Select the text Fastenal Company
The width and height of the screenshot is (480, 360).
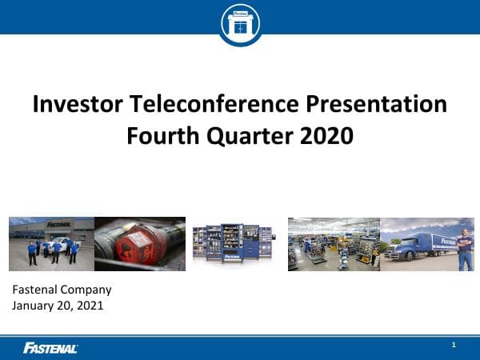[x=62, y=290]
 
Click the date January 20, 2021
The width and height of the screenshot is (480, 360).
[x=58, y=306]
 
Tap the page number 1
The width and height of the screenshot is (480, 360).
[x=454, y=345]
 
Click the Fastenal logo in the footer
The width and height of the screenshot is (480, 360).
[x=50, y=347]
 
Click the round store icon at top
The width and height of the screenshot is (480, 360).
[x=240, y=23]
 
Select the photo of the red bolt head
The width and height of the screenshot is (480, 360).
[x=140, y=244]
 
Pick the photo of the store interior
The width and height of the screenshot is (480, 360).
[x=334, y=244]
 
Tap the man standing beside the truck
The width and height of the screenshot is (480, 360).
[x=465, y=246]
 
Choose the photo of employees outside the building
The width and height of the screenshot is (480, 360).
[x=51, y=244]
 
